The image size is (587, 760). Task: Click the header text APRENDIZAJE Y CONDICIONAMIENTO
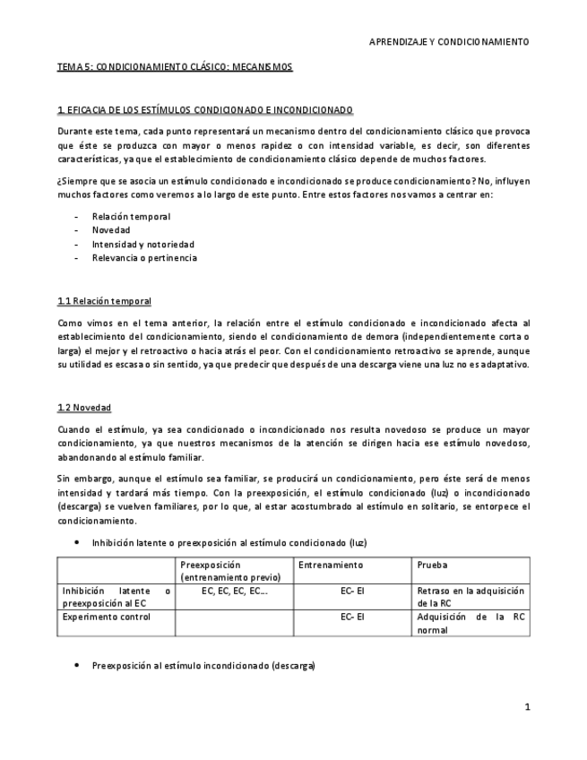[449, 41]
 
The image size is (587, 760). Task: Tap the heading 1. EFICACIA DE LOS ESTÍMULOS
[204, 110]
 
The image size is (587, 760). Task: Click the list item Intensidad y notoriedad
[142, 244]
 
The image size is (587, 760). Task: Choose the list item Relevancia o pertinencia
[144, 258]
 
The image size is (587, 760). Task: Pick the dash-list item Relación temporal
[131, 216]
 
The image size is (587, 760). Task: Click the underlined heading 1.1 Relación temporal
[104, 300]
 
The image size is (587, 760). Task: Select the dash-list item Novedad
[111, 230]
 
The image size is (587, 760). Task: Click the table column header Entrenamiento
[330, 566]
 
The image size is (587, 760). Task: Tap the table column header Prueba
[432, 566]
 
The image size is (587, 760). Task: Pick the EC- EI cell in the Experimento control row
[352, 617]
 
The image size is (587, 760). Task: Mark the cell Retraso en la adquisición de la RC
[470, 597]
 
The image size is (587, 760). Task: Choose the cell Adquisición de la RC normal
[470, 623]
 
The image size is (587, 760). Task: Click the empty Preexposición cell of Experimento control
[234, 623]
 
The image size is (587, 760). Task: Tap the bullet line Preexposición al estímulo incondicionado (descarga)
[203, 666]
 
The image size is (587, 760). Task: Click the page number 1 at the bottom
[527, 707]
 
